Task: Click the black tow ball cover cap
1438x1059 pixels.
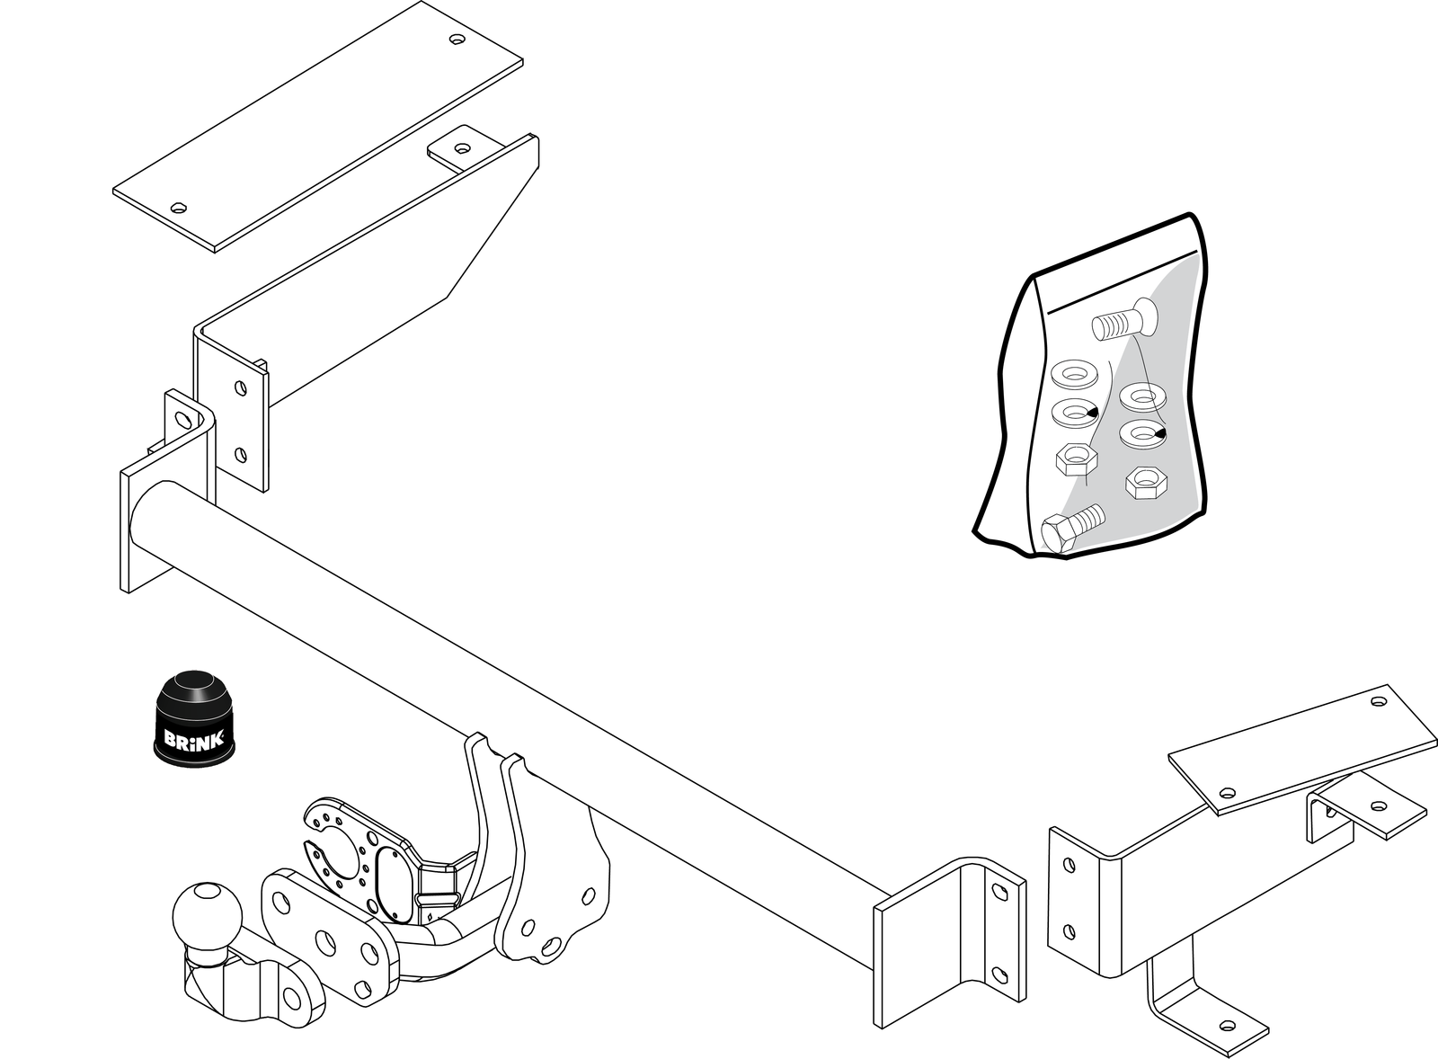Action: coord(194,718)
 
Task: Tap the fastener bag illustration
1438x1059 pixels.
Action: coord(1091,386)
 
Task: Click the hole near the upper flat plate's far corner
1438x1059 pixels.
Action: coord(457,40)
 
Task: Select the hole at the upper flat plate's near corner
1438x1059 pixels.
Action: coord(179,208)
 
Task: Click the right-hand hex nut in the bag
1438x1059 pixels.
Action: coord(1146,482)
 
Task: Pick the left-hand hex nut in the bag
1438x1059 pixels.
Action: coord(1076,459)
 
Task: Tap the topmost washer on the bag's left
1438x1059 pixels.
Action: coord(1075,374)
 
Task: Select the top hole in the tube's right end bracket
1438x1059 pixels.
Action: coord(999,892)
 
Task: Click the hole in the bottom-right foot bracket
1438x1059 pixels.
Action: coord(1228,1025)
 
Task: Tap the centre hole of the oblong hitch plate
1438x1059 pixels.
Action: coord(325,943)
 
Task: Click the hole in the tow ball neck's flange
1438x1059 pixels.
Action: coord(292,999)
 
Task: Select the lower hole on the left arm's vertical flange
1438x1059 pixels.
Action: coord(241,455)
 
